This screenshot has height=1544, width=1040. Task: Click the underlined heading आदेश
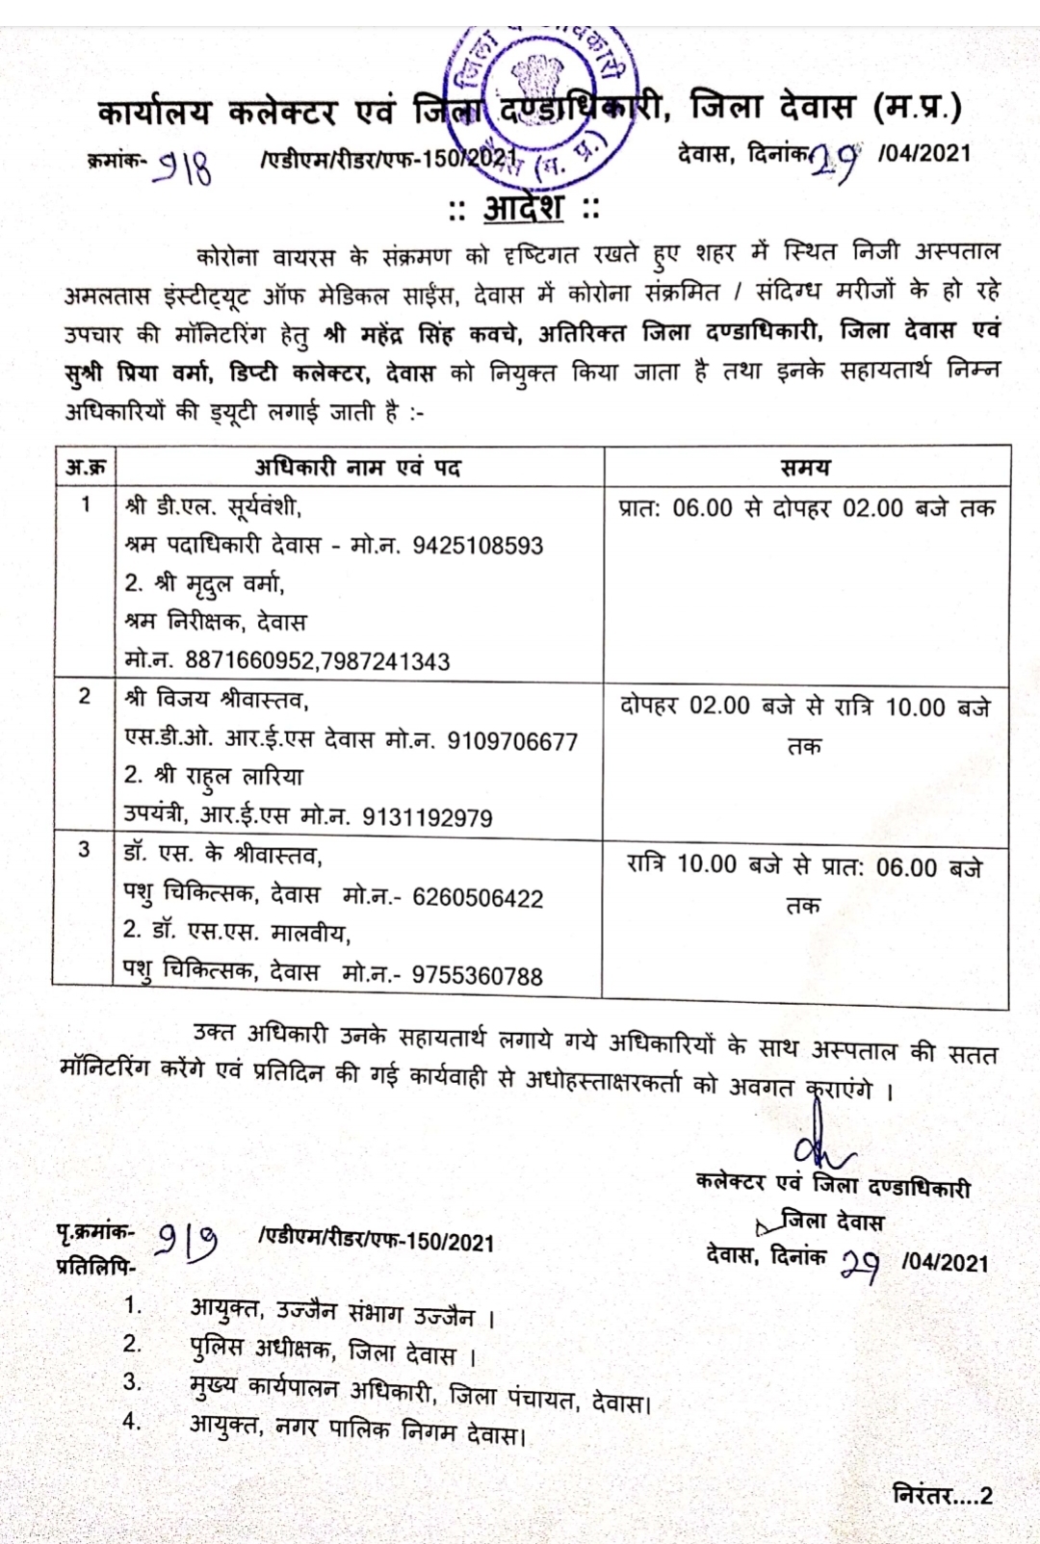(523, 208)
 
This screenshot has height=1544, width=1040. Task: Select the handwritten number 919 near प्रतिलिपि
(188, 1242)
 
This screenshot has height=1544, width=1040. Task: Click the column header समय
(805, 468)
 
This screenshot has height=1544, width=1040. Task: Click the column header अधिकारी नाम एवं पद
(357, 468)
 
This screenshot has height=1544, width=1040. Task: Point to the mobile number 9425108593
(478, 546)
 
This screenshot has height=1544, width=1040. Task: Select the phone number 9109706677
(512, 741)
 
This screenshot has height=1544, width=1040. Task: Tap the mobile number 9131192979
(427, 818)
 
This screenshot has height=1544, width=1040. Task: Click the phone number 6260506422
(478, 898)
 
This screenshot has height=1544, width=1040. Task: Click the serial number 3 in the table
(85, 848)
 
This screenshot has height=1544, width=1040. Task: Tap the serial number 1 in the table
(86, 503)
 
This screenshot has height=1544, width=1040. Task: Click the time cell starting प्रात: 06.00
(806, 508)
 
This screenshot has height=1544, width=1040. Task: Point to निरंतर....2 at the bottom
(942, 1495)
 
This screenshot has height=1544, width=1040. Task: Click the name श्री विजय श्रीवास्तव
(217, 700)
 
